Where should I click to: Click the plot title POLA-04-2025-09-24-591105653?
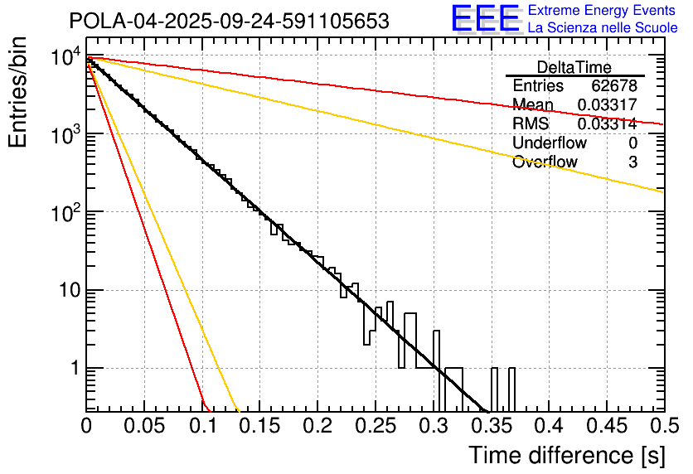point(229,22)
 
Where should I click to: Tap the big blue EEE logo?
point(485,19)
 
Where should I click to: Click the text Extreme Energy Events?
point(603,11)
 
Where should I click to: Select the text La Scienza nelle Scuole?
point(603,28)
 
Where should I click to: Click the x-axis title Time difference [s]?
point(566,455)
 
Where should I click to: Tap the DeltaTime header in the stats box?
point(574,67)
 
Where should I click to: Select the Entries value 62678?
point(613,86)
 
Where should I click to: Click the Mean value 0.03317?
point(607,104)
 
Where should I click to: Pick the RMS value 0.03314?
point(607,123)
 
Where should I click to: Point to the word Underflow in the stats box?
point(550,143)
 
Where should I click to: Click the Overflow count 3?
point(632,162)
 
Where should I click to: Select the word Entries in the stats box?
point(538,86)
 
